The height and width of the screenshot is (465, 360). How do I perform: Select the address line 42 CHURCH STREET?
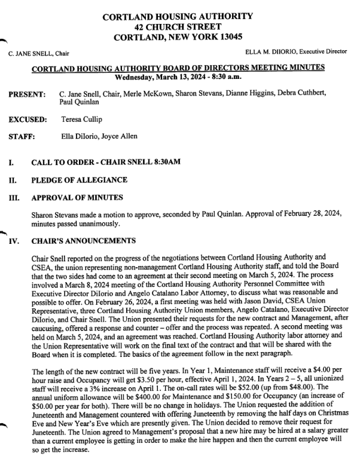[x=178, y=26]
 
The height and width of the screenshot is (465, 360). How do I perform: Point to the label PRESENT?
[x=26, y=95]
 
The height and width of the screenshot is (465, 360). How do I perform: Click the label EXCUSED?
[x=27, y=120]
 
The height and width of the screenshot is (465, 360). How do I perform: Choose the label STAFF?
[x=21, y=137]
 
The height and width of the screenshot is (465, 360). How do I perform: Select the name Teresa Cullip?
[x=81, y=120]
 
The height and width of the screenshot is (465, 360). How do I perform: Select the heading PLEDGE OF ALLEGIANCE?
[x=79, y=180]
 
